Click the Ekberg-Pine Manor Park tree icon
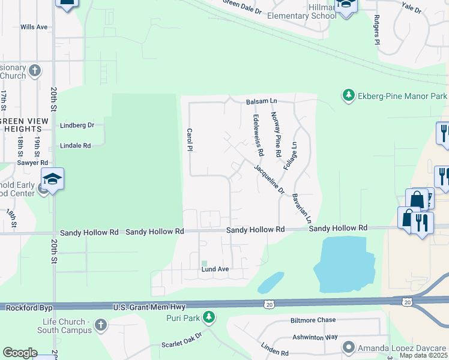348,95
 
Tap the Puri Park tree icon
208,316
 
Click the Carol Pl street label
189,139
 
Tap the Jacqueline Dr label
268,179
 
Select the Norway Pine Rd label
276,134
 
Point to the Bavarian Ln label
301,208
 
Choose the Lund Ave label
215,269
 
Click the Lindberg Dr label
77,125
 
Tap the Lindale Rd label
75,145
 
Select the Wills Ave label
34,27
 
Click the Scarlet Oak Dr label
184,345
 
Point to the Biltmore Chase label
313,320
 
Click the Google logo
20,353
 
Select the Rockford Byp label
29,307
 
